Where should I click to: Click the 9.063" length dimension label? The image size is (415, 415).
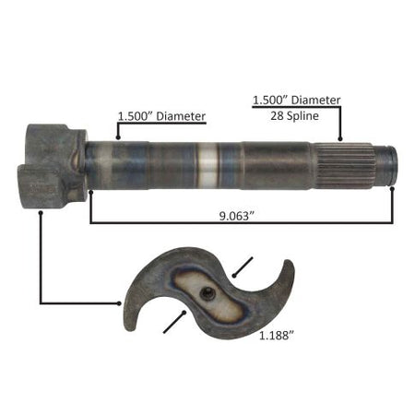click(238, 216)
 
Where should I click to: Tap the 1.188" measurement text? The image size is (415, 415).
click(277, 336)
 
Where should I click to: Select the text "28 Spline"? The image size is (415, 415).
click(294, 116)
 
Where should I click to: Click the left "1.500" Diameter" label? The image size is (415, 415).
click(161, 116)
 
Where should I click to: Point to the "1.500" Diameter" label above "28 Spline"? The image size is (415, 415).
click(296, 101)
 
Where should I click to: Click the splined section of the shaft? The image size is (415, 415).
click(344, 166)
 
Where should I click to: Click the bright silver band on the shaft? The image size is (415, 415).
click(208, 166)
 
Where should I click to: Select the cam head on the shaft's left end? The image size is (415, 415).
click(53, 166)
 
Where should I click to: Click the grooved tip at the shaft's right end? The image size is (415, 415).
click(386, 166)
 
